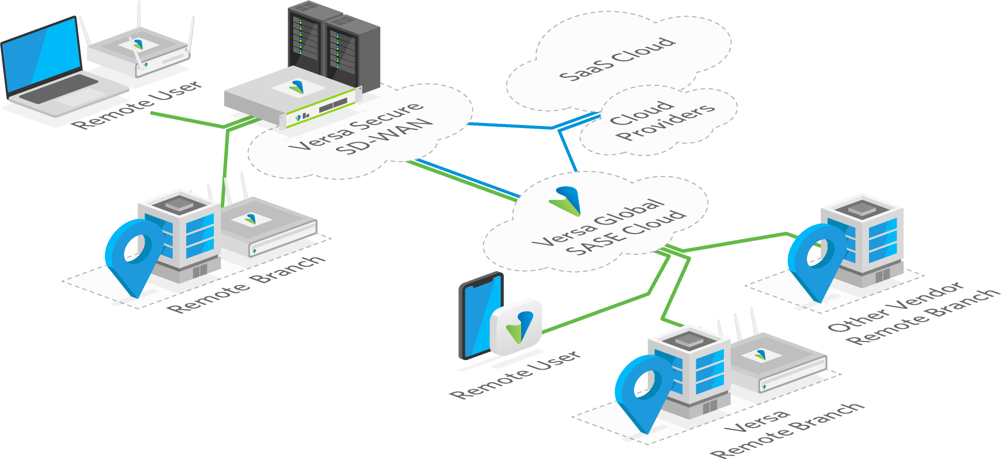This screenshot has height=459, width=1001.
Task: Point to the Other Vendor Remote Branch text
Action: (x=911, y=314)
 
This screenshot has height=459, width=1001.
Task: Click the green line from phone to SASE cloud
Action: (x=602, y=311)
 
